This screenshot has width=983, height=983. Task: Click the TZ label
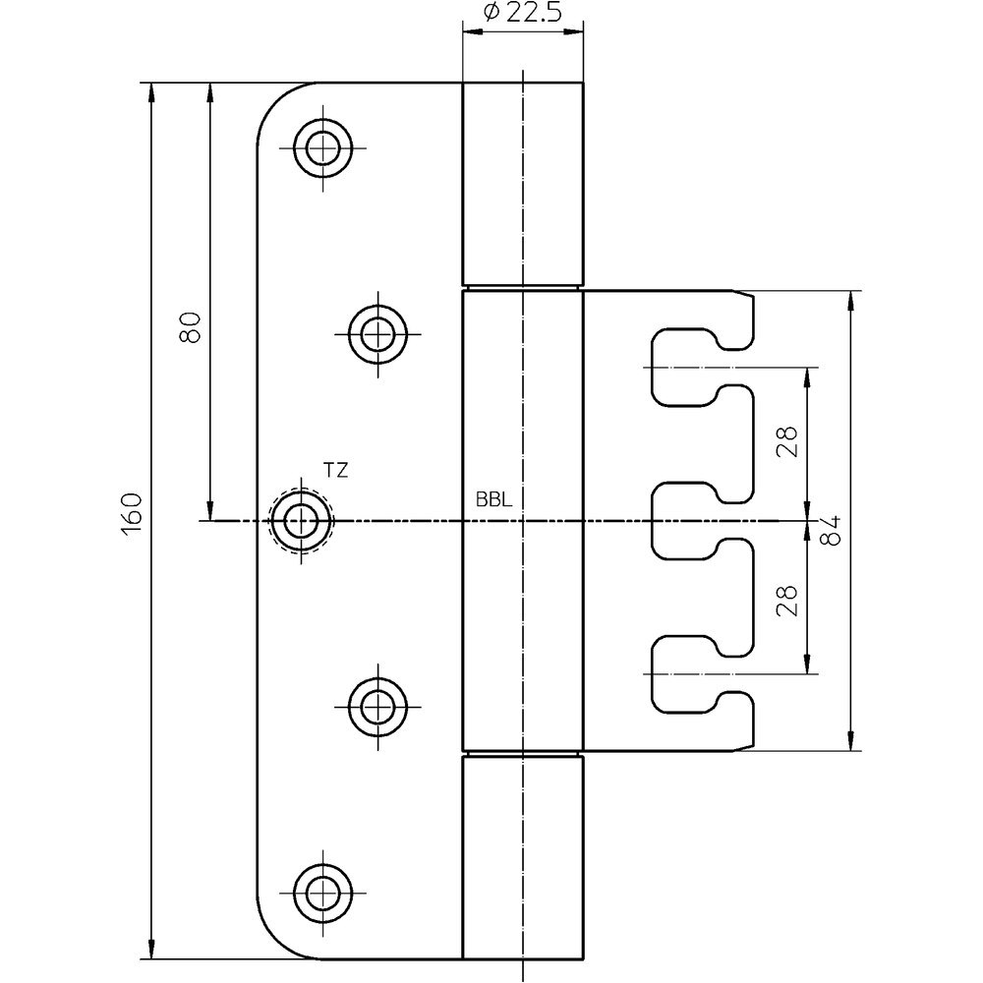coord(335,471)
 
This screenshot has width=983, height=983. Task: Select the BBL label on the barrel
coord(493,499)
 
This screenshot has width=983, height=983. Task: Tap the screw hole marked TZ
coord(300,520)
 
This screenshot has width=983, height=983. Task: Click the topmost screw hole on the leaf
coord(321,149)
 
